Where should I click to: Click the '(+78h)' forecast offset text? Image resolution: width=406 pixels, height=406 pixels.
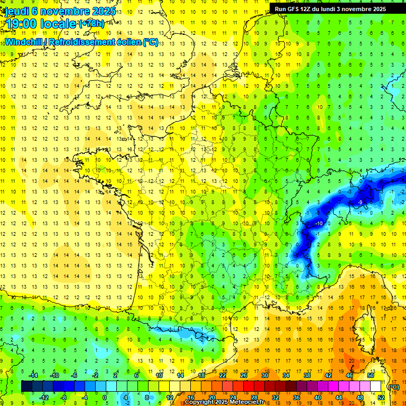(91, 24)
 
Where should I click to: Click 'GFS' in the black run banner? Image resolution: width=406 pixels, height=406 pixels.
(294, 9)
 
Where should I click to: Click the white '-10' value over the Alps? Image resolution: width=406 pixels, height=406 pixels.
(319, 224)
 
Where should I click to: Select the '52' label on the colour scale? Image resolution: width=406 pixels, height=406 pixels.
(381, 397)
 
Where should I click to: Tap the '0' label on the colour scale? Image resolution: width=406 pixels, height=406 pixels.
(105, 397)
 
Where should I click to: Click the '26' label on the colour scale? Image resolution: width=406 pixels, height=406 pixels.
(244, 375)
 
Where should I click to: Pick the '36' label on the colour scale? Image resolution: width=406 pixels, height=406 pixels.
(296, 397)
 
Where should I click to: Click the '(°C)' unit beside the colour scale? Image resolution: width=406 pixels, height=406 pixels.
(394, 386)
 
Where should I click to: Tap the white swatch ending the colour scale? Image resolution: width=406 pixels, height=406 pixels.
(376, 386)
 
